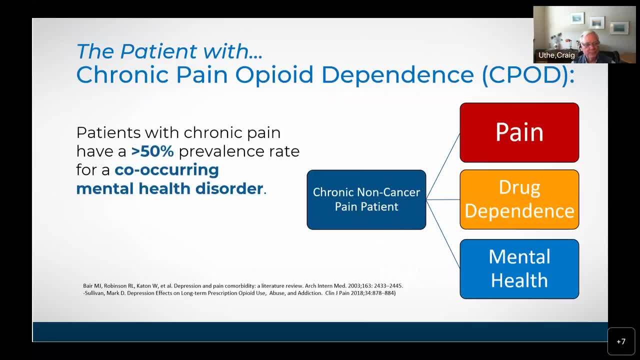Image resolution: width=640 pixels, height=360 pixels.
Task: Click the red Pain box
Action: pyautogui.click(x=519, y=132)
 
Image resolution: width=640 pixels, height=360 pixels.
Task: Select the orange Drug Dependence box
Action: pyautogui.click(x=519, y=199)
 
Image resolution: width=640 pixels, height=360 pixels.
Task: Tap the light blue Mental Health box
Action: pyautogui.click(x=519, y=269)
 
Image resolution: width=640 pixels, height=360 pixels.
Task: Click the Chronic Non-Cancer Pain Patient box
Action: pyautogui.click(x=366, y=199)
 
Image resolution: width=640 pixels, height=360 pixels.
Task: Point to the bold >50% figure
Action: pyautogui.click(x=152, y=151)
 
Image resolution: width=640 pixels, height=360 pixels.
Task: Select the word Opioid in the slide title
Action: pyautogui.click(x=274, y=75)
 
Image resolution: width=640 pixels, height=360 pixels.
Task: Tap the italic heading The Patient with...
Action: pyautogui.click(x=169, y=51)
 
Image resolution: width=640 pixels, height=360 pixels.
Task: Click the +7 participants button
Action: pyautogui.click(x=621, y=341)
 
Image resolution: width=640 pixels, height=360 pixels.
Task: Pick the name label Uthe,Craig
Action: pyautogui.click(x=556, y=55)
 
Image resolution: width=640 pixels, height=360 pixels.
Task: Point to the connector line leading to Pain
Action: pyautogui.click(x=443, y=166)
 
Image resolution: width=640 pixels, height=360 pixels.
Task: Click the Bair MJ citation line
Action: pyautogui.click(x=243, y=285)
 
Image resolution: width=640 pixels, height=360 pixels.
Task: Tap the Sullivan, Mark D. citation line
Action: pyautogui.click(x=239, y=293)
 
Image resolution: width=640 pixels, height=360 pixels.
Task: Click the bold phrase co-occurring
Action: pyautogui.click(x=167, y=170)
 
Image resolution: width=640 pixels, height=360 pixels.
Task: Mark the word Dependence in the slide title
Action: pyautogui.click(x=397, y=75)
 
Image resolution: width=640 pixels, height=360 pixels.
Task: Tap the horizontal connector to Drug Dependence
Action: pyautogui.click(x=443, y=199)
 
